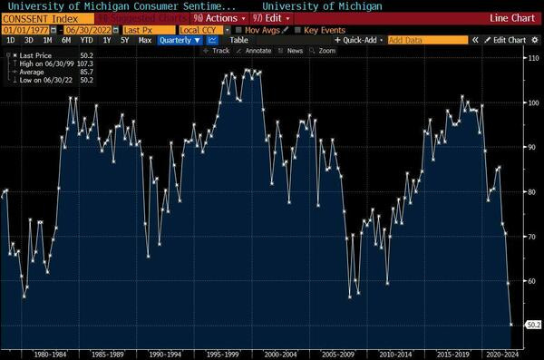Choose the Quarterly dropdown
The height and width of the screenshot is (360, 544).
[180, 40]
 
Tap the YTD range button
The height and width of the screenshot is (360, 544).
[86, 40]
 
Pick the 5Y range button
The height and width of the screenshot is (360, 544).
[124, 40]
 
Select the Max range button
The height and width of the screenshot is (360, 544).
[144, 40]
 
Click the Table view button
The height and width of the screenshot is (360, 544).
[238, 40]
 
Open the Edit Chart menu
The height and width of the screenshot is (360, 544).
[508, 40]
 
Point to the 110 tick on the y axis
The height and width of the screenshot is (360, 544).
[532, 57]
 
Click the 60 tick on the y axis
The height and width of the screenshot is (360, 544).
[532, 280]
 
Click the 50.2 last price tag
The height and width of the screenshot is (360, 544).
[533, 324]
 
